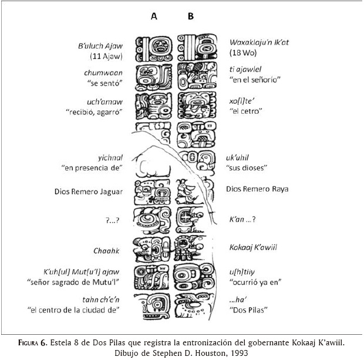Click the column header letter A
coord(154,17)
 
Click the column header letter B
coord(190,17)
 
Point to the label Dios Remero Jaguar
coord(88,191)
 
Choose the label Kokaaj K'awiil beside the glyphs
coord(254,248)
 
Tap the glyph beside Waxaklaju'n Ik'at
coord(190,49)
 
